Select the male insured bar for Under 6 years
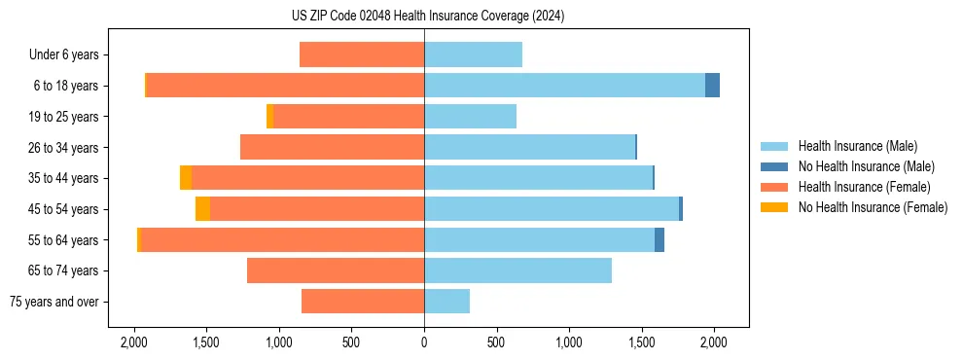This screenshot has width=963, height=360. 473,54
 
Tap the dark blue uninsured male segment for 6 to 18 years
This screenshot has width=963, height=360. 712,86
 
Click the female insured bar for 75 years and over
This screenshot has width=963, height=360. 363,302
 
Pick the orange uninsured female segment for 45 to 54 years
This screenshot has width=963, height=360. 202,209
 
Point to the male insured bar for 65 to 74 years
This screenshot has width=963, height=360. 517,270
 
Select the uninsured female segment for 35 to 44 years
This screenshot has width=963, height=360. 186,178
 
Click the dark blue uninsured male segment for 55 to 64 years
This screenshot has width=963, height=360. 660,240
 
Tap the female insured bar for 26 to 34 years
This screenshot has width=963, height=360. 332,147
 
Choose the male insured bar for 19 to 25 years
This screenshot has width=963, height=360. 470,117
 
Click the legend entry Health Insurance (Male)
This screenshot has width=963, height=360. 857,146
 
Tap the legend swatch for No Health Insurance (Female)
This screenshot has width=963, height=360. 775,207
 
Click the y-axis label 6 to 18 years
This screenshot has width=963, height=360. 65,86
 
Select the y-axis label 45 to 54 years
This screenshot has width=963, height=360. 62,209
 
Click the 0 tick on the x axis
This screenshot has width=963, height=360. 424,342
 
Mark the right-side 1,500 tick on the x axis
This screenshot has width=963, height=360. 642,342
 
